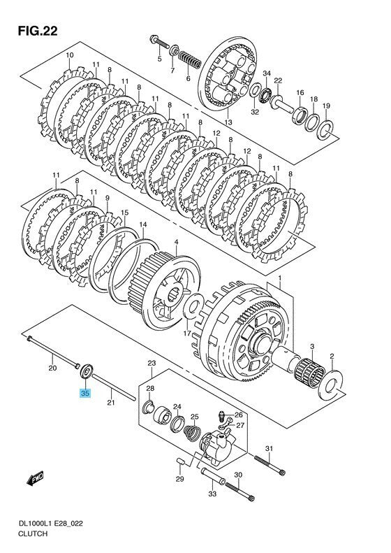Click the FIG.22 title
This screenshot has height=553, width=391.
[38, 31]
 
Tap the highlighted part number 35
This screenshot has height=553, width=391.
[85, 393]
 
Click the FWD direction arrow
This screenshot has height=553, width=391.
[35, 479]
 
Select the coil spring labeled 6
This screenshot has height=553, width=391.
[189, 59]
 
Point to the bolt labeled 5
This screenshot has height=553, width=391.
[160, 43]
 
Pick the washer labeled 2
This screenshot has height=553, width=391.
[331, 385]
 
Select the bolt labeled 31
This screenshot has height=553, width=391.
[270, 465]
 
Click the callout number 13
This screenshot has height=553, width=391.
[228, 122]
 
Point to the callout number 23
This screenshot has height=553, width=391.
[152, 363]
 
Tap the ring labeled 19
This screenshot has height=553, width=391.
[326, 130]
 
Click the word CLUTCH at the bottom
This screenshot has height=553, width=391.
[32, 533]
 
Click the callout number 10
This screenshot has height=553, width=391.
[69, 55]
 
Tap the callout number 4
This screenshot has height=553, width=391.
[176, 242]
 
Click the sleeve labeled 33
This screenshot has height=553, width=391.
[213, 475]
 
